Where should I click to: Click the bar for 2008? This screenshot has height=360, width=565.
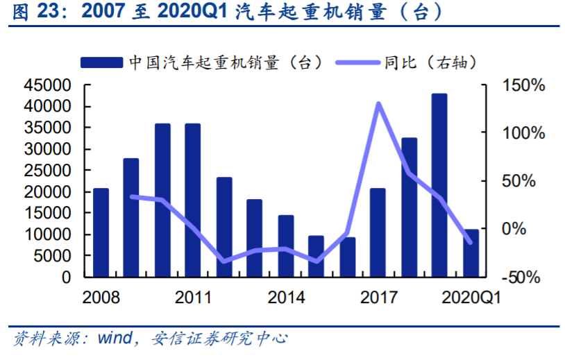coord(101,232)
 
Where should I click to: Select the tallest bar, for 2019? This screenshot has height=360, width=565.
coord(439,185)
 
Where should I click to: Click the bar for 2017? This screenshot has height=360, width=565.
coord(378,232)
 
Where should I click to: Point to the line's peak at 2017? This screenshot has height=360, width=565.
coord(378,104)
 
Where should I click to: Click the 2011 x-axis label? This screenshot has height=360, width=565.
coord(193,298)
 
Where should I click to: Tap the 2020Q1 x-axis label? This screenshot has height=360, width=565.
coord(471,298)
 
